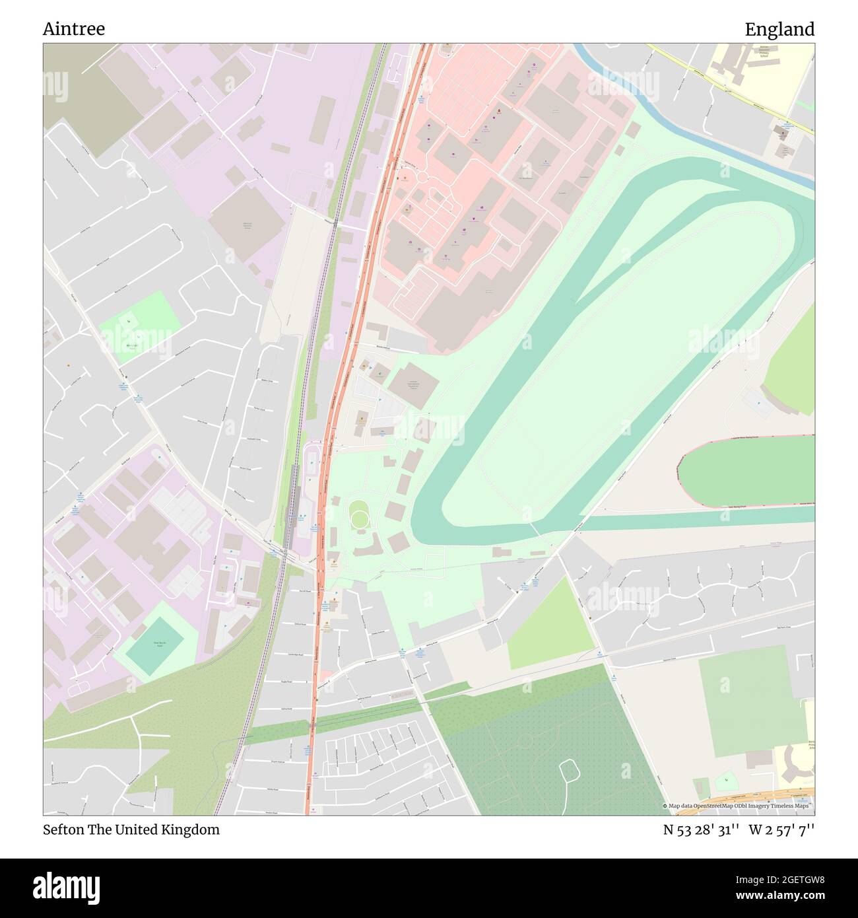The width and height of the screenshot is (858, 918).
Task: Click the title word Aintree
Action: (x=74, y=29)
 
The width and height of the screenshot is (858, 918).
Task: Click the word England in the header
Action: (x=779, y=29)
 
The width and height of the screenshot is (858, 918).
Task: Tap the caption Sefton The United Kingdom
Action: (x=131, y=830)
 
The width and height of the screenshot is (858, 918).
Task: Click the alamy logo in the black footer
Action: (x=67, y=886)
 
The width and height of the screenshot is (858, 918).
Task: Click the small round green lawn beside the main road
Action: (x=359, y=514)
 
